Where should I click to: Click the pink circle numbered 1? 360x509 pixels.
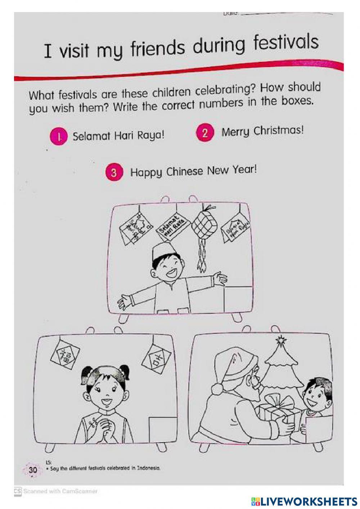click(x=59, y=137)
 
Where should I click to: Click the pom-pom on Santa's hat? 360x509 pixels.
click(x=218, y=389)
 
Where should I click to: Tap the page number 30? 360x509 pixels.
click(x=33, y=470)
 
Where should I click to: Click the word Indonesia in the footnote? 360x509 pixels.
click(x=148, y=468)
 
